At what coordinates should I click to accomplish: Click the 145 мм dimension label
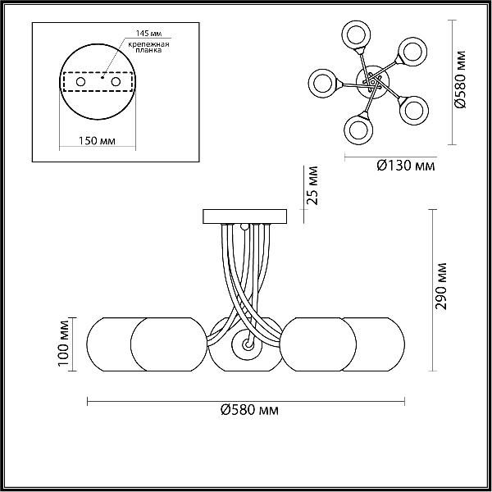click(x=148, y=34)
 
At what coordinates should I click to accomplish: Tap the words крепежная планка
click(x=148, y=47)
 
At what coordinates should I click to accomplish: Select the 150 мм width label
click(x=97, y=140)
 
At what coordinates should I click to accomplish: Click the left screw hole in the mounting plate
click(x=80, y=82)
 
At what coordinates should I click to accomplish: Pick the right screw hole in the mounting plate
click(x=116, y=82)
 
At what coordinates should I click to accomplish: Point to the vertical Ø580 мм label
click(x=461, y=80)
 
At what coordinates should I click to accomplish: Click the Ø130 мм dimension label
click(x=406, y=166)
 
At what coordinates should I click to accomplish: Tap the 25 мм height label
click(x=312, y=186)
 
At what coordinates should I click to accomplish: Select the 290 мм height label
click(x=441, y=286)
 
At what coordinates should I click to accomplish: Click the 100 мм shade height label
click(x=63, y=343)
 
